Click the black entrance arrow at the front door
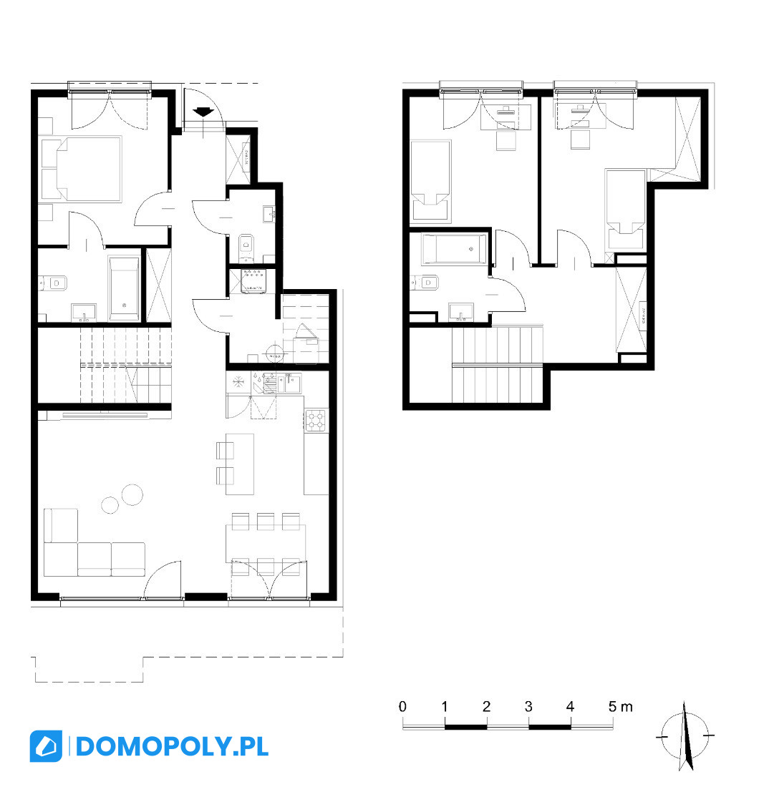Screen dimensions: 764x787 (x=203, y=112)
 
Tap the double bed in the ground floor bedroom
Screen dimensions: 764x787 (x=82, y=169)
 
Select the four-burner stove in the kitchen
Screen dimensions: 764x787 (x=316, y=421)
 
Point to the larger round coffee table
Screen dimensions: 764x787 (x=132, y=494)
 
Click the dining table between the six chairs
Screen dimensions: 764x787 (x=266, y=543)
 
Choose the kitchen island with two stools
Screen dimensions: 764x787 (x=240, y=464)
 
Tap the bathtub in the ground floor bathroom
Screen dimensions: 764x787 (x=124, y=288)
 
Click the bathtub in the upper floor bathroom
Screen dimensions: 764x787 (x=454, y=249)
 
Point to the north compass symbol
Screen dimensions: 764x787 (x=685, y=736)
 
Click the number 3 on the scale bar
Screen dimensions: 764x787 (x=528, y=707)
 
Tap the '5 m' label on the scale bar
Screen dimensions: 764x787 (x=620, y=707)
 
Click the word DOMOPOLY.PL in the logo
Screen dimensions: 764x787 (x=173, y=746)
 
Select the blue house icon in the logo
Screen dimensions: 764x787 (x=47, y=746)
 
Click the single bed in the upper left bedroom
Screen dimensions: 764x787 (x=430, y=181)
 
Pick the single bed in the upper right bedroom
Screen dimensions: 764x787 (x=625, y=210)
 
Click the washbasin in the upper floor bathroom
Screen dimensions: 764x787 (x=461, y=312)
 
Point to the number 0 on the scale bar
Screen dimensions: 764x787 (x=402, y=707)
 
